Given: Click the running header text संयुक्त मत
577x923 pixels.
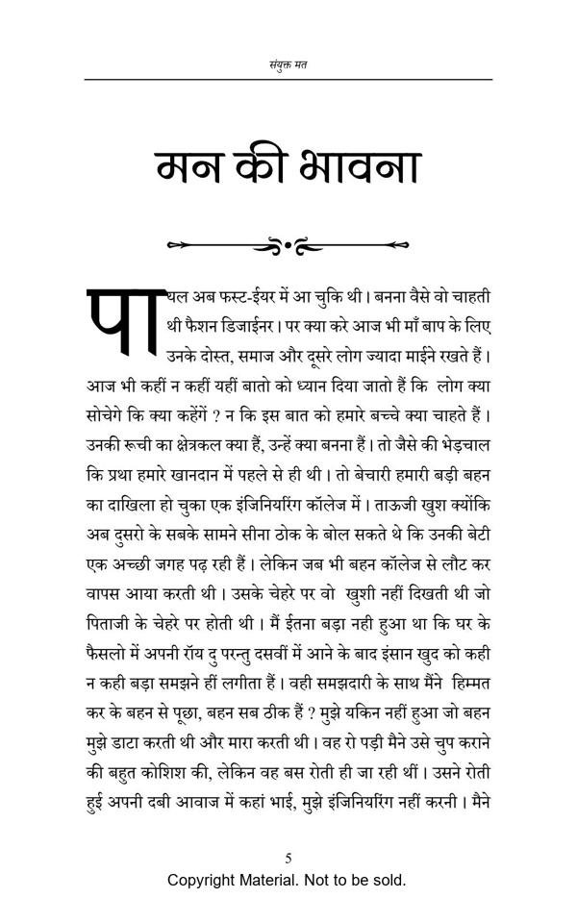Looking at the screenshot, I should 288,65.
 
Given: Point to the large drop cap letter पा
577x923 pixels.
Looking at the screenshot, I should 120,322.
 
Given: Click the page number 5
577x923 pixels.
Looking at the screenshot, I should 288,858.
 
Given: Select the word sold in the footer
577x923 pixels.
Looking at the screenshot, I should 389,880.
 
